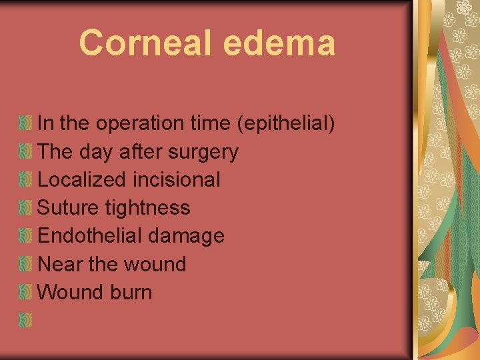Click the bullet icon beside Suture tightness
point(25,208)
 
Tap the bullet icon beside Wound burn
point(25,292)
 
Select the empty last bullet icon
point(25,321)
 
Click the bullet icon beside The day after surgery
point(25,152)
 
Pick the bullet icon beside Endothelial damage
point(25,236)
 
